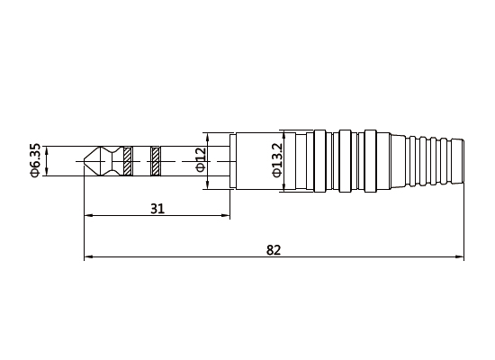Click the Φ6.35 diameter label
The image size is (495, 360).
pos(35,161)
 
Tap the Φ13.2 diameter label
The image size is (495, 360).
pos(276,160)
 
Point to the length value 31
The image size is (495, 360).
pos(157,208)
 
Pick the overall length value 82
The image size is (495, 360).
pos(274,250)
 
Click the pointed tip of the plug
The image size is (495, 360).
pos(85,162)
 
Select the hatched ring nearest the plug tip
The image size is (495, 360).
pos(128,162)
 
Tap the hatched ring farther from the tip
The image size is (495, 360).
pos(156,162)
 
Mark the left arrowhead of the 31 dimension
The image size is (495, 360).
pos(87,216)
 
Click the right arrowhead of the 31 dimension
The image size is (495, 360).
pos(226,216)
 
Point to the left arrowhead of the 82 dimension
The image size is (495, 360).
pos(87,258)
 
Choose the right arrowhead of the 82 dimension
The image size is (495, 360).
pos(461,258)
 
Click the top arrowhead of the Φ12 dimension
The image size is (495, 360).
pos(209,137)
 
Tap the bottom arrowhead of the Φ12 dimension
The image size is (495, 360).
pos(209,187)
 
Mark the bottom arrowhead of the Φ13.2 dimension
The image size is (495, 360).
pos(284,190)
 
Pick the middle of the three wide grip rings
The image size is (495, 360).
pos(343,162)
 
